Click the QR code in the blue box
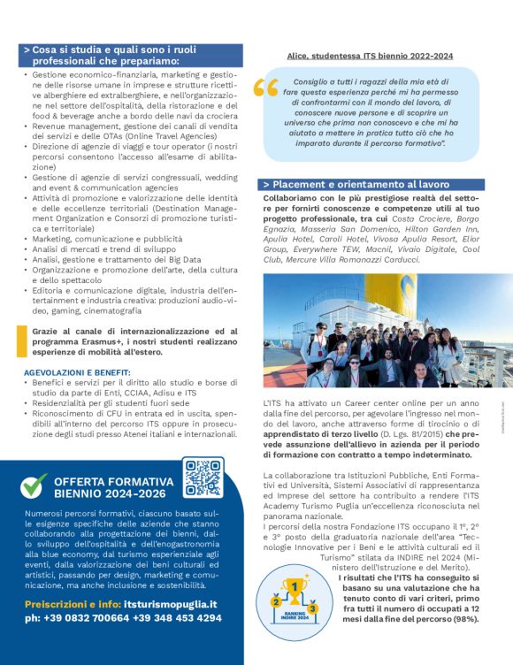(x=203, y=478)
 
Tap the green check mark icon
(x=34, y=485)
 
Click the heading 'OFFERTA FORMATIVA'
(x=110, y=481)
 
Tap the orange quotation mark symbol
(x=265, y=88)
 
